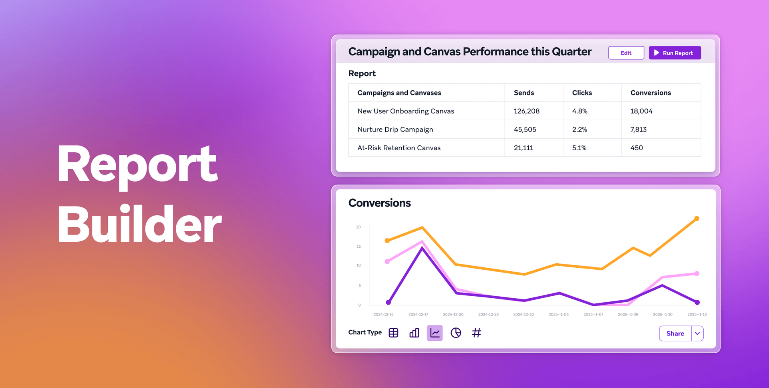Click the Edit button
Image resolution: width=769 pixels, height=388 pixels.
point(626,53)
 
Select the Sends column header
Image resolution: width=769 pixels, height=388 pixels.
point(524,93)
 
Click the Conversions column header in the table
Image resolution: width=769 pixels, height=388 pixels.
point(650,93)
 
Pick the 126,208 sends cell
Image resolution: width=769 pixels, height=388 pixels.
point(526,111)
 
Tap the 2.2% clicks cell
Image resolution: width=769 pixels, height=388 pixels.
point(580,129)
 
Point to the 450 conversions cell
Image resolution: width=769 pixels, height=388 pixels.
point(636,148)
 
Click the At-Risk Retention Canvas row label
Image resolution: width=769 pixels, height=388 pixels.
point(399,148)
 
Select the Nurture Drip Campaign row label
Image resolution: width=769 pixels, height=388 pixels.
point(395,129)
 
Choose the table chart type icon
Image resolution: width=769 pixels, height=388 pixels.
point(393,333)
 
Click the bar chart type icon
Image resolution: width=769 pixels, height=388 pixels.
point(414,333)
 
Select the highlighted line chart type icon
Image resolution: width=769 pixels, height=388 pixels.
point(435,333)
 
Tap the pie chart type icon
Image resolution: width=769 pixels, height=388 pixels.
point(456,333)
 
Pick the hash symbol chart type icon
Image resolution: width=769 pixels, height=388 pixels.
point(476,333)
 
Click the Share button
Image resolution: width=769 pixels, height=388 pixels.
point(675,333)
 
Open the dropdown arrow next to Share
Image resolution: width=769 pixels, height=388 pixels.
point(697,333)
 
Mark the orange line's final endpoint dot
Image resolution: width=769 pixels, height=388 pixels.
point(697,218)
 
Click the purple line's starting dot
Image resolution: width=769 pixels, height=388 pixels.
point(388,302)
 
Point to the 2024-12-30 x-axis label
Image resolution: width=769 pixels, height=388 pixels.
point(523,315)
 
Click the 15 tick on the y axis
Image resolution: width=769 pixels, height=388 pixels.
point(358,247)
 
